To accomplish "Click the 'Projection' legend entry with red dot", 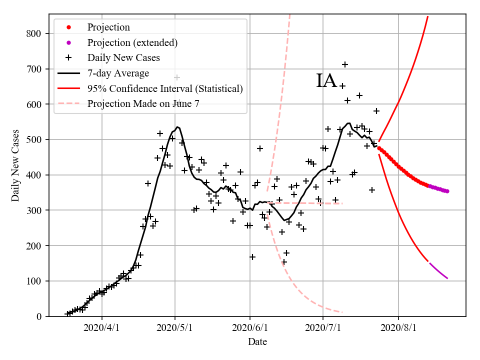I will click(x=108, y=27).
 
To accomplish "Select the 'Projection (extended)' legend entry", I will click(x=132, y=42).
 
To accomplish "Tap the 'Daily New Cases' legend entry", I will click(x=123, y=58).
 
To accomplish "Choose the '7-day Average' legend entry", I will click(x=118, y=73).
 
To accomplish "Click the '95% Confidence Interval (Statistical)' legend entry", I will click(x=165, y=89).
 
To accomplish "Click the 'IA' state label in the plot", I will click(x=326, y=81).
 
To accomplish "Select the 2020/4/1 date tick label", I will click(x=102, y=328).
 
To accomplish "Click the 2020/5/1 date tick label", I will click(x=175, y=328).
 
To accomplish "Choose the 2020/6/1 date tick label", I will click(x=250, y=328).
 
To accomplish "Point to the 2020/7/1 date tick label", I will click(x=323, y=328).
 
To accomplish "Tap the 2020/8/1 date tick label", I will click(x=398, y=328).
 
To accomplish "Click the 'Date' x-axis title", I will click(x=257, y=342).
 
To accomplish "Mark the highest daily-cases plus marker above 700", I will click(x=345, y=64).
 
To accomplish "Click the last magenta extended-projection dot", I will click(x=447, y=191).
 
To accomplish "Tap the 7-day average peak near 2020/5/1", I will click(x=177, y=127).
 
